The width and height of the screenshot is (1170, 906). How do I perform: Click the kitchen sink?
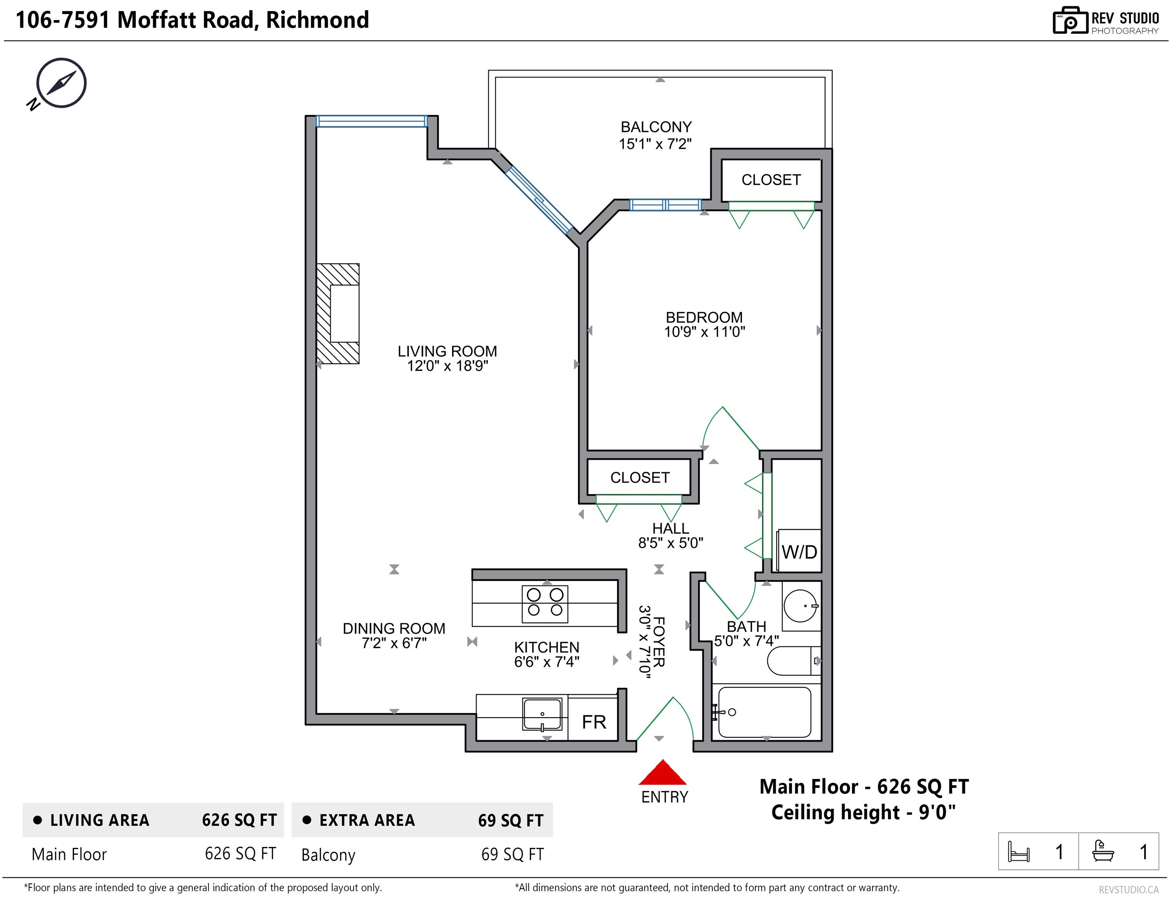tap(542, 714)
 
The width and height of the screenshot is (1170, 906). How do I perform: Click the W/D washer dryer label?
tap(799, 551)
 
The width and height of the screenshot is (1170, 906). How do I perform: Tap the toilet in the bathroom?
tap(793, 661)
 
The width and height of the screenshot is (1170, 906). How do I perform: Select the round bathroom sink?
tap(801, 606)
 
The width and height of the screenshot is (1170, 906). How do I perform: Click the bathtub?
tap(764, 712)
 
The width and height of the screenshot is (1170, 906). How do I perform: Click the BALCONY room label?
tap(656, 127)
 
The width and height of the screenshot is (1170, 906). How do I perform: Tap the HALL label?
tap(670, 528)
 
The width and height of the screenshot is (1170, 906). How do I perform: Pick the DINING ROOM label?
tap(394, 628)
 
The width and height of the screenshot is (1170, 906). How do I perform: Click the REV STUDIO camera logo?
tap(1070, 20)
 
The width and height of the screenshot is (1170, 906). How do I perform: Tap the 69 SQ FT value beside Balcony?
tap(512, 854)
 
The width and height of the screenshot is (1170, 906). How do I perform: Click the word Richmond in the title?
tap(318, 20)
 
